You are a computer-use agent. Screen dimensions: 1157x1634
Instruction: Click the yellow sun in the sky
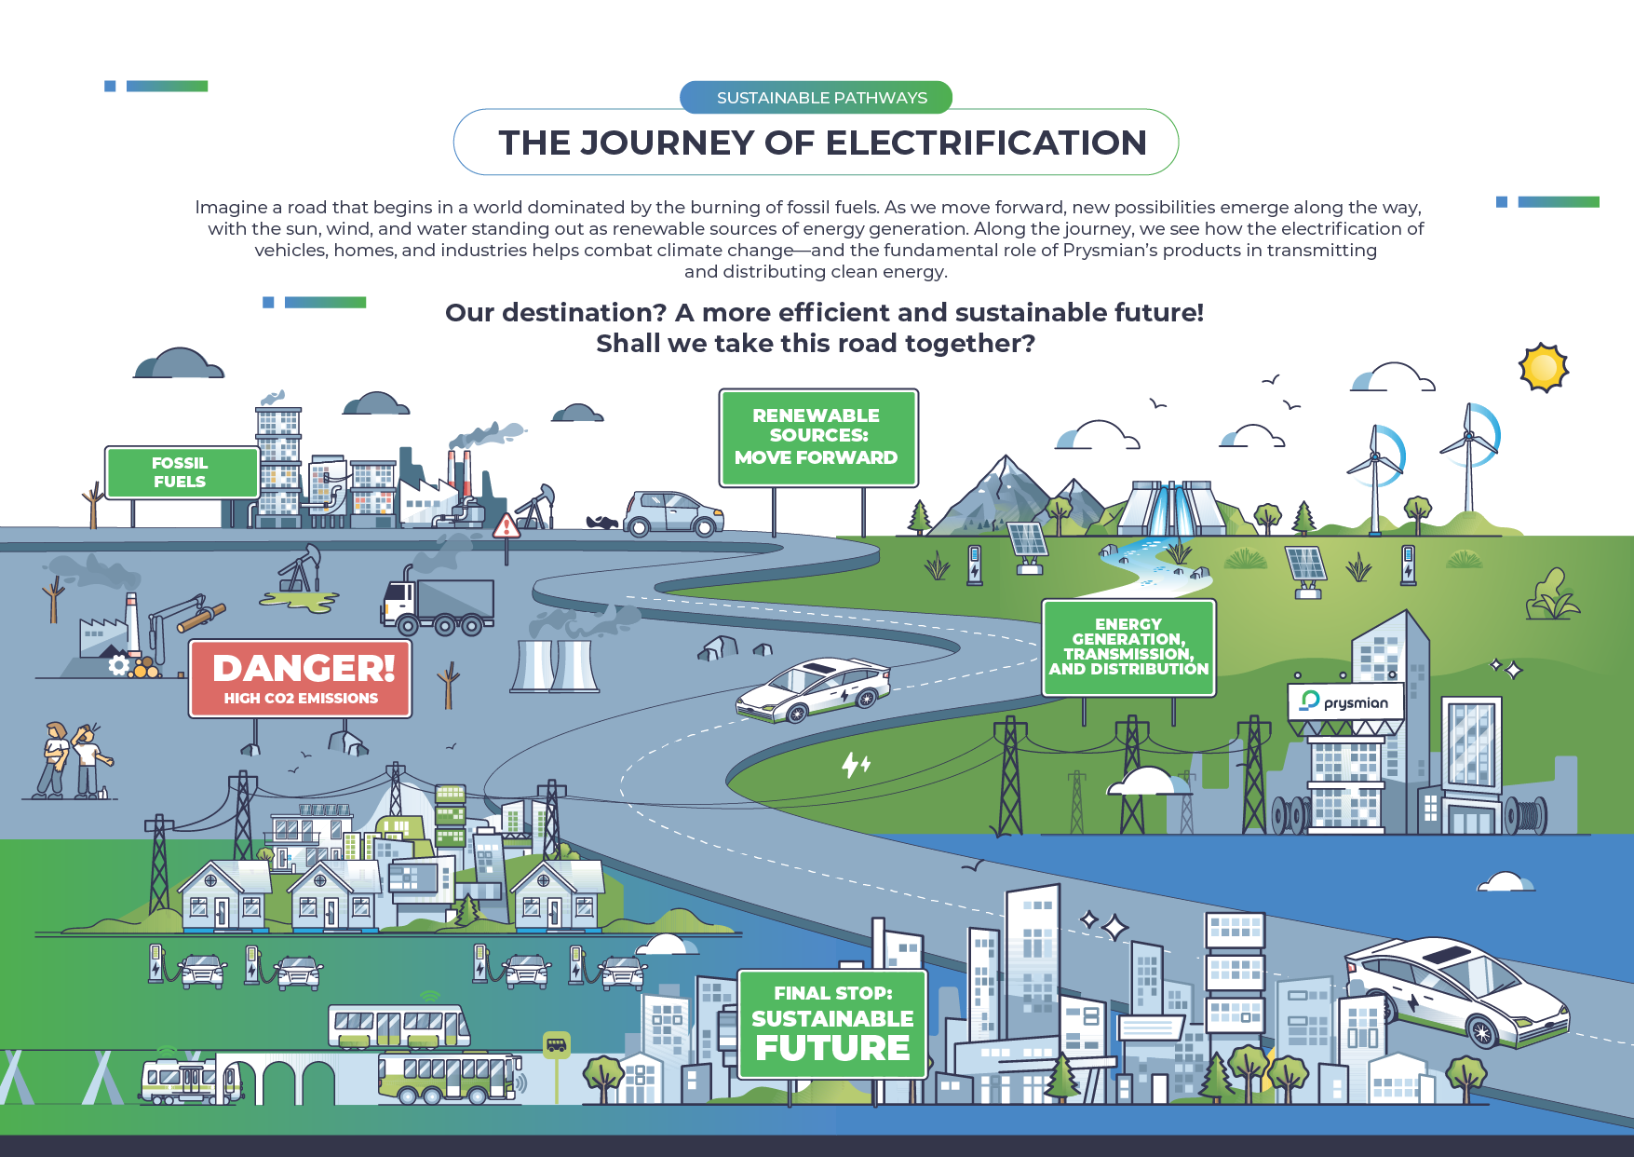pos(1543,368)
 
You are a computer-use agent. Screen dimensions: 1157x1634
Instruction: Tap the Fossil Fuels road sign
pos(181,472)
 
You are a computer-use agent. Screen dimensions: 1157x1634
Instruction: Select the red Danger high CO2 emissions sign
pos(300,678)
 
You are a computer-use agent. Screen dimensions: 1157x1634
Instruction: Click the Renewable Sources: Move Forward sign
pos(817,437)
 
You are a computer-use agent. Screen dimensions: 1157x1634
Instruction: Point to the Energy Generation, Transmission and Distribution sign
pos(1128,647)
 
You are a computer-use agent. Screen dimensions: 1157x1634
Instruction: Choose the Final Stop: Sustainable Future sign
pos(832,1024)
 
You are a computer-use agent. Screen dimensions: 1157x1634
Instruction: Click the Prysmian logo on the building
pos(1346,701)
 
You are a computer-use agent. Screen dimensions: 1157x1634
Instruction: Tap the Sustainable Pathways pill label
pos(821,97)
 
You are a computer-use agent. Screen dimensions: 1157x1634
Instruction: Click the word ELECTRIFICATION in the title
pos(986,143)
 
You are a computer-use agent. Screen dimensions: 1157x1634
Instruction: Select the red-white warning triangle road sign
pos(506,525)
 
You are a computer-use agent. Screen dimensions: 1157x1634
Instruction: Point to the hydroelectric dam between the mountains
pos(1172,508)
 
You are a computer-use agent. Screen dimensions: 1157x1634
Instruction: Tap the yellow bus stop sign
pos(556,1044)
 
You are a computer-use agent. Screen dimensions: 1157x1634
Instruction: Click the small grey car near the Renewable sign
pos(673,513)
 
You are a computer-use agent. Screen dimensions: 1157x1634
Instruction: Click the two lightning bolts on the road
pos(856,765)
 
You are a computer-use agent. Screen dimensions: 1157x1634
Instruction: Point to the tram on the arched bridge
pos(190,1081)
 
